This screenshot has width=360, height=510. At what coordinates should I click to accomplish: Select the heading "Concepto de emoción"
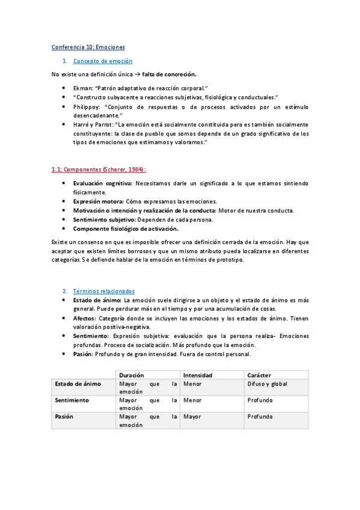[x=103, y=61]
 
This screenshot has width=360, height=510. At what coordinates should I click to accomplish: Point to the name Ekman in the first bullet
[x=83, y=88]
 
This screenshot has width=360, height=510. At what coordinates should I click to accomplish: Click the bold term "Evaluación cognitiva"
[x=102, y=183]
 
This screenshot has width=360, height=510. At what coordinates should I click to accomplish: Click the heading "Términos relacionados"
[x=104, y=290]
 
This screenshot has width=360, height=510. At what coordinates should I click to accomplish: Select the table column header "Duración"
[x=132, y=375]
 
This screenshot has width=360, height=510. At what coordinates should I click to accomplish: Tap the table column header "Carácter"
[x=259, y=375]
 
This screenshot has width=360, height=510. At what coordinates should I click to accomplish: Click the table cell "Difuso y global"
[x=267, y=384]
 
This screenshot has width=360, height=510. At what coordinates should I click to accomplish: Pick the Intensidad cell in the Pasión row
[x=192, y=416]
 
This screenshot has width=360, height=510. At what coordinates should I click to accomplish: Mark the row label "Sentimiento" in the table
[x=72, y=400]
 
